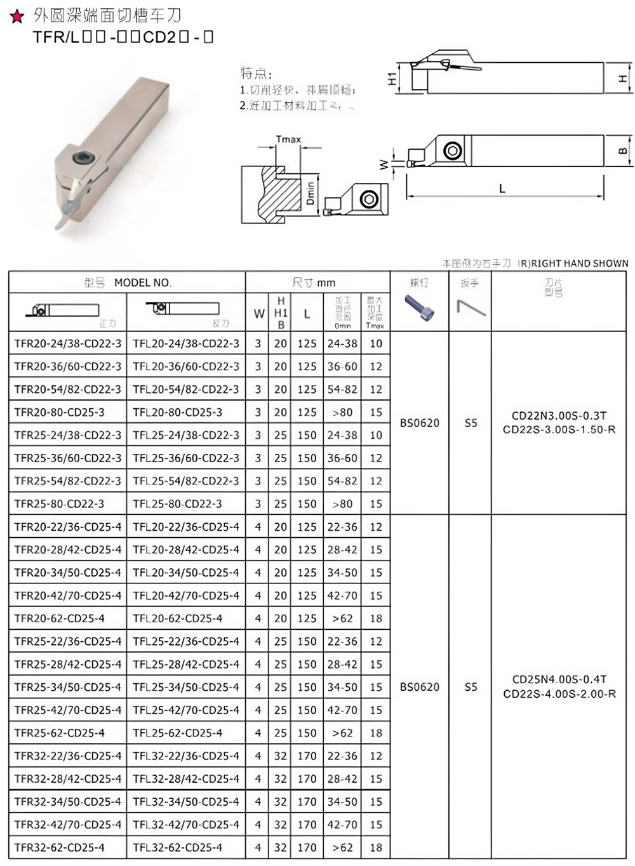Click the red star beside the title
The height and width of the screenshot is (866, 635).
(17, 17)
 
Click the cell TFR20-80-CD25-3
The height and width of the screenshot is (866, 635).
(60, 412)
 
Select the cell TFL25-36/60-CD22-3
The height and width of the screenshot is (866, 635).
(186, 458)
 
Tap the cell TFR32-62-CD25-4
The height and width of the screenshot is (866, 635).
(60, 847)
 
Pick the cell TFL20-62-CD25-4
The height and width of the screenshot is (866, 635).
(178, 618)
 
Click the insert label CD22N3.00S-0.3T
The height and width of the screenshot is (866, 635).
(559, 416)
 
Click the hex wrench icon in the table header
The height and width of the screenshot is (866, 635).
(470, 308)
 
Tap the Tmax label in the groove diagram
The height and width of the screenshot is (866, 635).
(288, 139)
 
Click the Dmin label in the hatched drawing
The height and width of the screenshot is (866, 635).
(311, 193)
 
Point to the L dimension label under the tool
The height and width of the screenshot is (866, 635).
(502, 189)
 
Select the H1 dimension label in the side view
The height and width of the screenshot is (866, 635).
(392, 78)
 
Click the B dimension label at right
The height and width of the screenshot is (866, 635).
(623, 151)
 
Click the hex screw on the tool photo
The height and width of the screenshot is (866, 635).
(83, 157)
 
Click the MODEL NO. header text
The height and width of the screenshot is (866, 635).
(143, 283)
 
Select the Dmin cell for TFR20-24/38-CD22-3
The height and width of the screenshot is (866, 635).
(342, 343)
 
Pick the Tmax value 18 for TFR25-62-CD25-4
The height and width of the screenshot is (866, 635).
(376, 733)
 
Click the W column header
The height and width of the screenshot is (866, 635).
(258, 313)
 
